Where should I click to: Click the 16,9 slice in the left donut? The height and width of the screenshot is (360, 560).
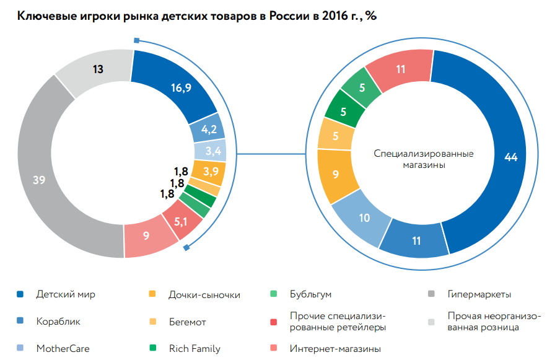[x=180, y=87]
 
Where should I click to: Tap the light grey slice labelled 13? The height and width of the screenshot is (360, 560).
[x=97, y=69]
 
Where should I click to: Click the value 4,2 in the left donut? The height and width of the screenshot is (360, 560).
[x=209, y=129]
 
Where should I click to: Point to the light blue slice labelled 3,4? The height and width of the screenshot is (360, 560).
[x=212, y=151]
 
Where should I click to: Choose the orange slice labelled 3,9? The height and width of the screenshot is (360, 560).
[x=210, y=171]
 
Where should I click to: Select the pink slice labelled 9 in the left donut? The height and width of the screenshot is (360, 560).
[x=146, y=235]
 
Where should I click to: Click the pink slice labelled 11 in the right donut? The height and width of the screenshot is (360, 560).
[x=401, y=69]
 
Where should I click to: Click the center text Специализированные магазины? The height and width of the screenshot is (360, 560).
[x=424, y=159]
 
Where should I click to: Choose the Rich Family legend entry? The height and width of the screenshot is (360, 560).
[x=194, y=348]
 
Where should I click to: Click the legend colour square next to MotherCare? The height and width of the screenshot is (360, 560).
[x=20, y=348]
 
